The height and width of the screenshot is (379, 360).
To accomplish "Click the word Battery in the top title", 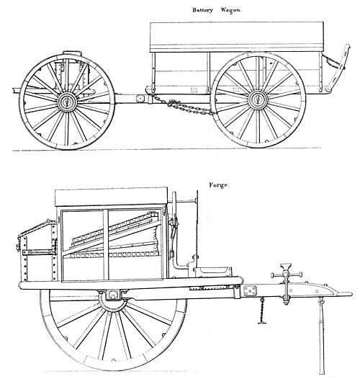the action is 202,10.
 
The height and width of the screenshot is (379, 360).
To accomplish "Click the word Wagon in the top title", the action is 231,10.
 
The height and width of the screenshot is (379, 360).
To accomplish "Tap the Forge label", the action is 219,185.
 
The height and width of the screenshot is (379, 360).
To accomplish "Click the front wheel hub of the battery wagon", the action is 67,102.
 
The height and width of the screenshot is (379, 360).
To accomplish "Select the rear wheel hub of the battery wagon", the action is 258,99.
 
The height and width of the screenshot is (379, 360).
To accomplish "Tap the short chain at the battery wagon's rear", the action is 332,61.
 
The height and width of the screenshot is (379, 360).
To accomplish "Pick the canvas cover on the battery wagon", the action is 237,37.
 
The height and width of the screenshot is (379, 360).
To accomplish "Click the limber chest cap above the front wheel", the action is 72,53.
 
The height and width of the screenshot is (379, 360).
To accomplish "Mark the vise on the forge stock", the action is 287,283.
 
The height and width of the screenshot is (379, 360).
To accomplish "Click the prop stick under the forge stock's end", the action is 322,336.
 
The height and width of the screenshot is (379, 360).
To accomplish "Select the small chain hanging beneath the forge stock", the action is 262,311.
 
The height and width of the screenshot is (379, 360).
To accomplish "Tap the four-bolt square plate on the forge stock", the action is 251,291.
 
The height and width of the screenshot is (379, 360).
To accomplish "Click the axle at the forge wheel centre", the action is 112,295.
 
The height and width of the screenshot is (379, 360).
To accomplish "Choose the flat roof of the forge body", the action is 111,197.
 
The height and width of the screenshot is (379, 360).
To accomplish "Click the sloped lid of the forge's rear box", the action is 37,228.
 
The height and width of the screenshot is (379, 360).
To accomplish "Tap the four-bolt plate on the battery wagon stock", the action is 140,99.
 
